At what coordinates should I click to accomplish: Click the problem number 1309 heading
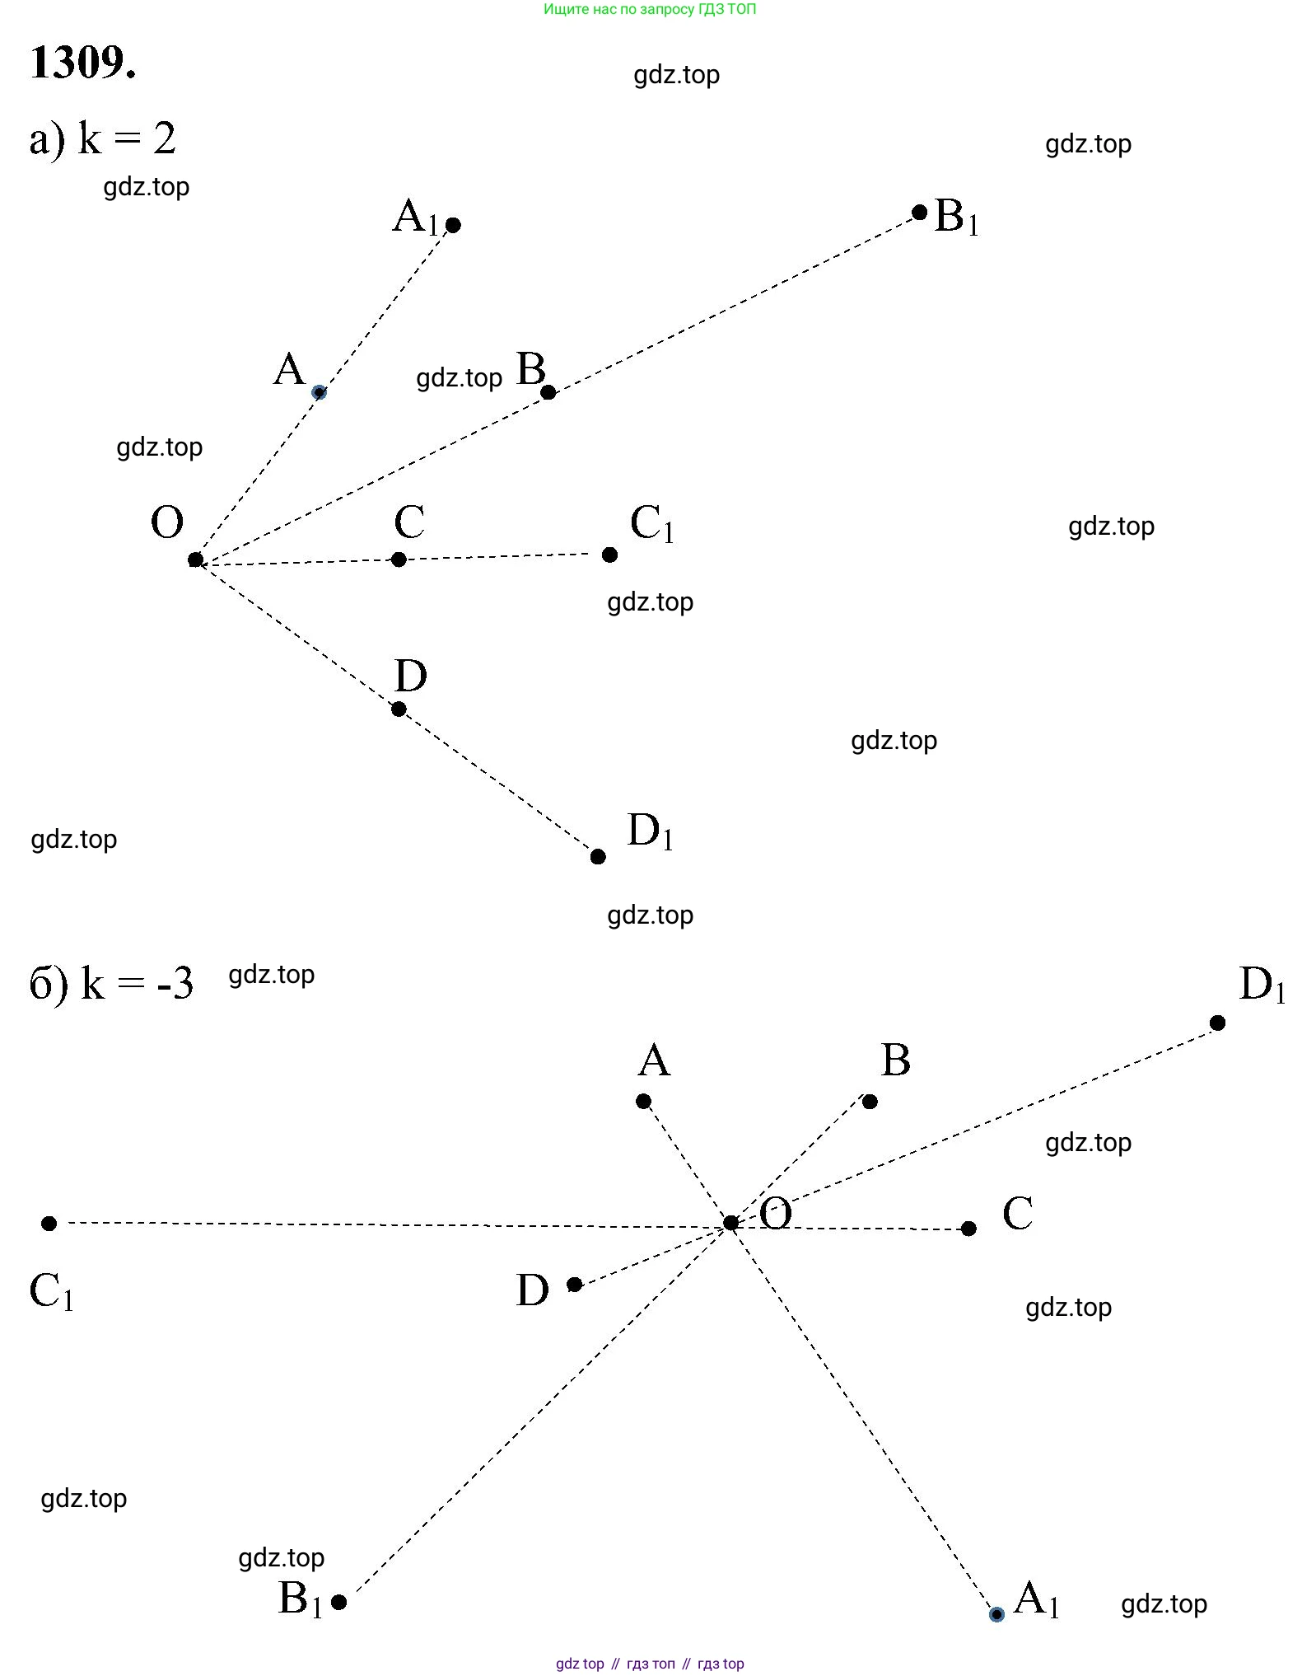point(82,63)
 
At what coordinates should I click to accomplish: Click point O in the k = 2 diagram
point(195,560)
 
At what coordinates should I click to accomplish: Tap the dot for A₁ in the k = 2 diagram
point(453,225)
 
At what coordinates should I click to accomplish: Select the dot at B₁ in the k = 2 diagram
point(920,213)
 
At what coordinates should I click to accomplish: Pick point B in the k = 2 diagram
point(548,392)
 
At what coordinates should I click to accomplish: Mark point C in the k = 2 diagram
point(399,560)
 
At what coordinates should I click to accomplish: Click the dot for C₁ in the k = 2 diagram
point(609,555)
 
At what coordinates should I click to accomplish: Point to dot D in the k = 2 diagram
point(399,709)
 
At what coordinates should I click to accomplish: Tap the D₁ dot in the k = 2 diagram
point(598,857)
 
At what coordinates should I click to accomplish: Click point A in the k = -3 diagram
point(644,1102)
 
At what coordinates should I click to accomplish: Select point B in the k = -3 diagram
point(870,1102)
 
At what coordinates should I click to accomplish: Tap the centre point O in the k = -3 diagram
point(730,1223)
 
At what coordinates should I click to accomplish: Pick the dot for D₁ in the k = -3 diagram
point(1218,1023)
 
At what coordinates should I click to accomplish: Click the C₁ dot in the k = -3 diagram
point(49,1224)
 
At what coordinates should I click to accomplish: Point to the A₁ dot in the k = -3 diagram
point(996,1614)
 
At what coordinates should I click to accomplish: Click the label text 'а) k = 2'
point(103,138)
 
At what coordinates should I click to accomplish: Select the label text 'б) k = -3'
point(112,983)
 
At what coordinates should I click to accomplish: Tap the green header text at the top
point(650,10)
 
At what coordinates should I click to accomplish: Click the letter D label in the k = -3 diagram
point(533,1290)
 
